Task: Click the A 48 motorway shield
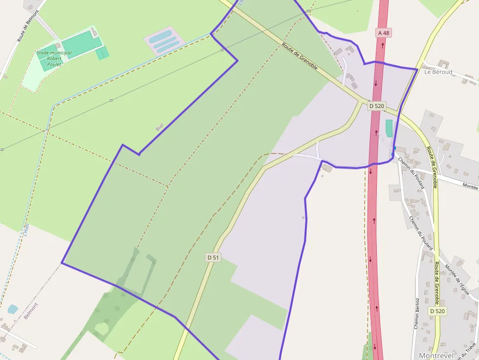(x=384, y=33)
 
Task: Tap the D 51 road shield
(x=213, y=257)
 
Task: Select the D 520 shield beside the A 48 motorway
(x=377, y=106)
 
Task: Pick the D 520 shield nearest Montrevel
(x=438, y=311)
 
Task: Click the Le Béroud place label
(x=438, y=72)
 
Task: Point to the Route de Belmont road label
(x=21, y=26)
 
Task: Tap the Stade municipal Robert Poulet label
(x=54, y=58)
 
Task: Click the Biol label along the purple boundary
(x=159, y=127)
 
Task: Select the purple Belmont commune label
(x=31, y=311)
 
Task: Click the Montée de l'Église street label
(x=457, y=280)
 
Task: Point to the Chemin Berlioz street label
(x=417, y=313)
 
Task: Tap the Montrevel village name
(x=436, y=356)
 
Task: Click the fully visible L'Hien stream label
(x=25, y=230)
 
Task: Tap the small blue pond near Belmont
(x=13, y=309)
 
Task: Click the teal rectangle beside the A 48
(x=389, y=128)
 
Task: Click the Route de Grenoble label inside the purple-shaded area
(x=300, y=57)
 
